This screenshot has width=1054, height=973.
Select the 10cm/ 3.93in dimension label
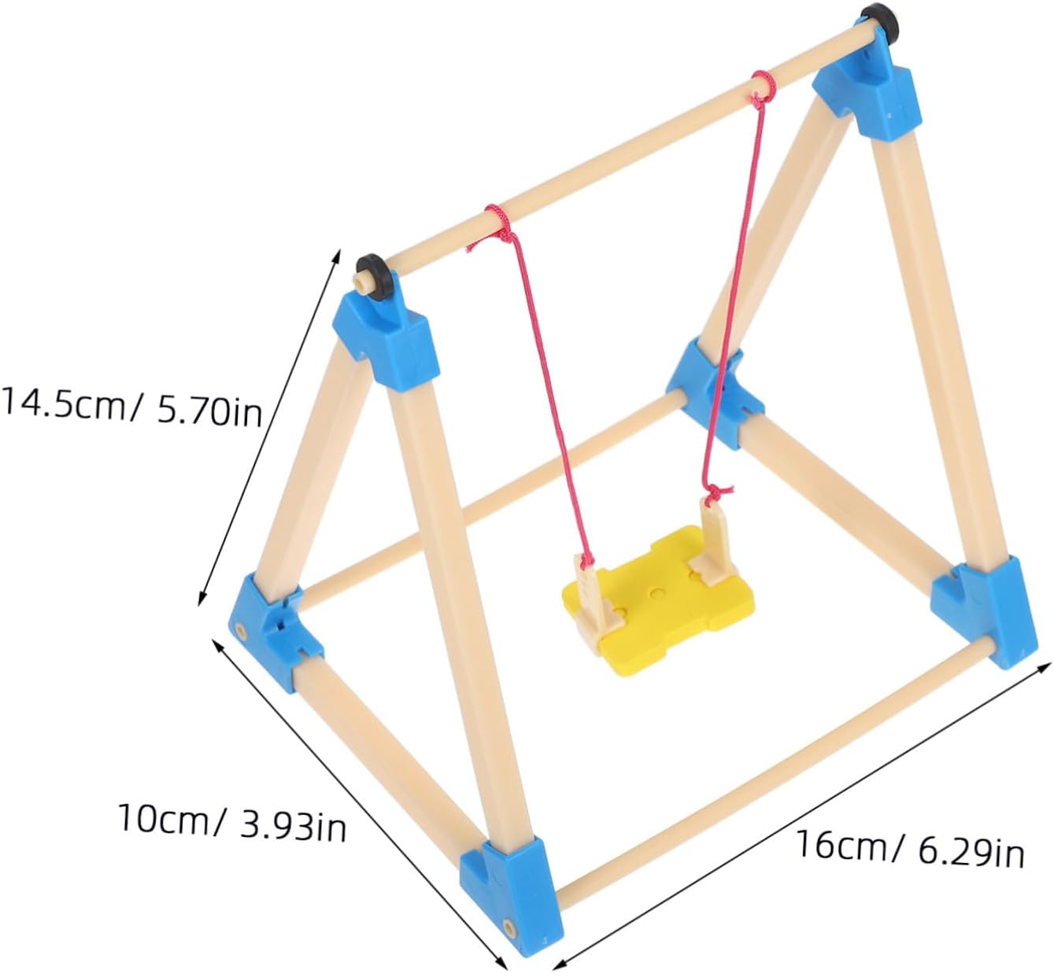[x=231, y=820]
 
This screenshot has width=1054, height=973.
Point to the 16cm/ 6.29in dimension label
[x=909, y=848]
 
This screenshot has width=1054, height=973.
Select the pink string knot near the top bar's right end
[x=760, y=85]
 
